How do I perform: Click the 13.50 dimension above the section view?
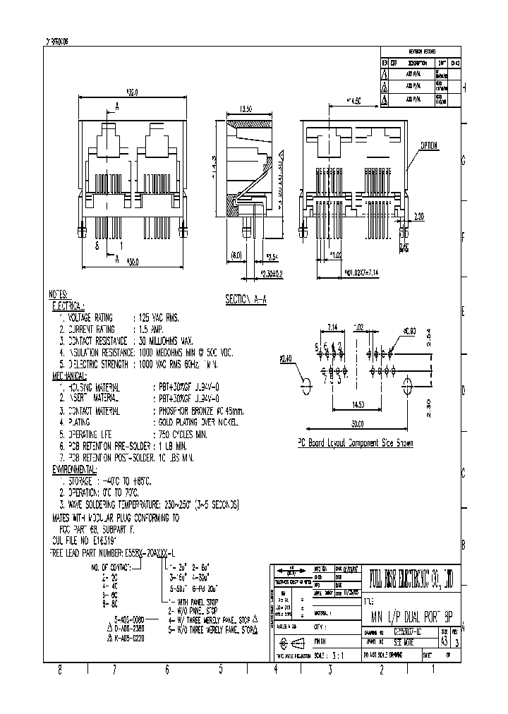click(x=246, y=109)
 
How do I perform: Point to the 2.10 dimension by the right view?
click(x=418, y=216)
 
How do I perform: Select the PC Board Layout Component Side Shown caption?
click(x=355, y=443)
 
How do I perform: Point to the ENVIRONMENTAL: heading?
click(x=75, y=468)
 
